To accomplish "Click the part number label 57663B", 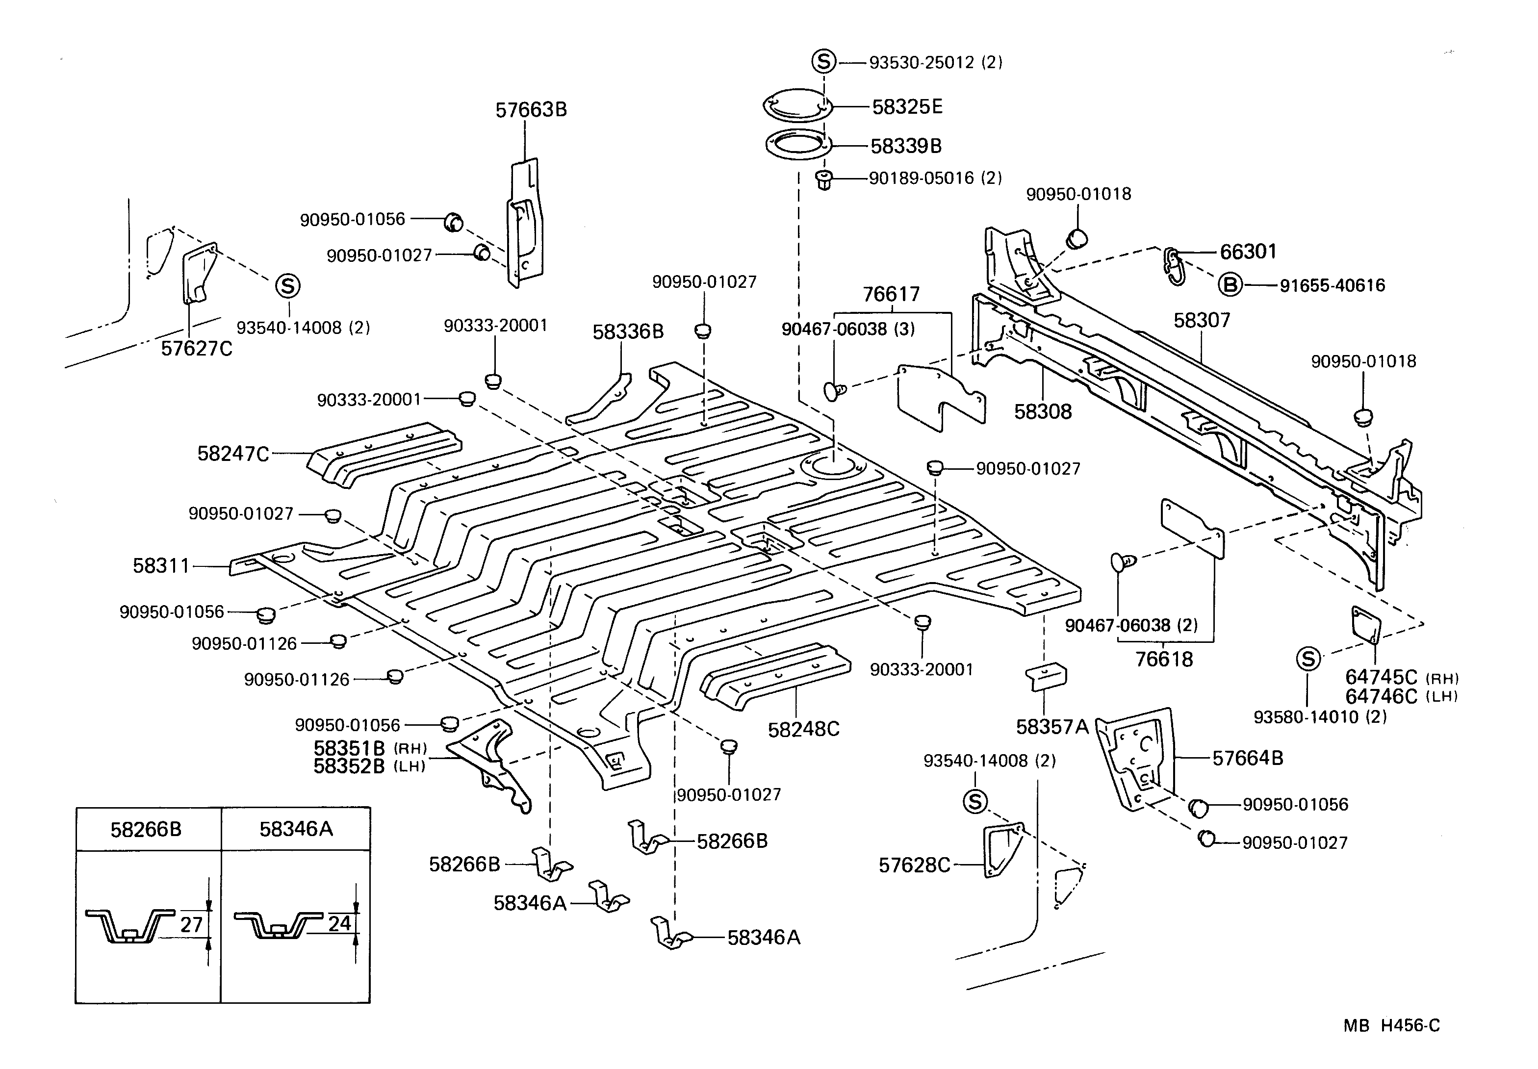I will pos(531,110).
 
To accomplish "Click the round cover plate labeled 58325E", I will pos(797,106).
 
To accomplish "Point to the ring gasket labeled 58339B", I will pos(797,145).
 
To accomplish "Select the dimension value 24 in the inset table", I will pos(339,924).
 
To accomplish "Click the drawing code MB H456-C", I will pos(1391,1025).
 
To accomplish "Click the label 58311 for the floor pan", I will pos(161,566).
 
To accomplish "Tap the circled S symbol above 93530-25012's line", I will pos(824,62).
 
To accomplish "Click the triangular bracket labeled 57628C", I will pos(1001,849).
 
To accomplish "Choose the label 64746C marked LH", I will pos(1381,697).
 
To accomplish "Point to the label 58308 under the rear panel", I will pos(1042,411).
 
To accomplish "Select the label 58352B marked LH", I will pos(349,766).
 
